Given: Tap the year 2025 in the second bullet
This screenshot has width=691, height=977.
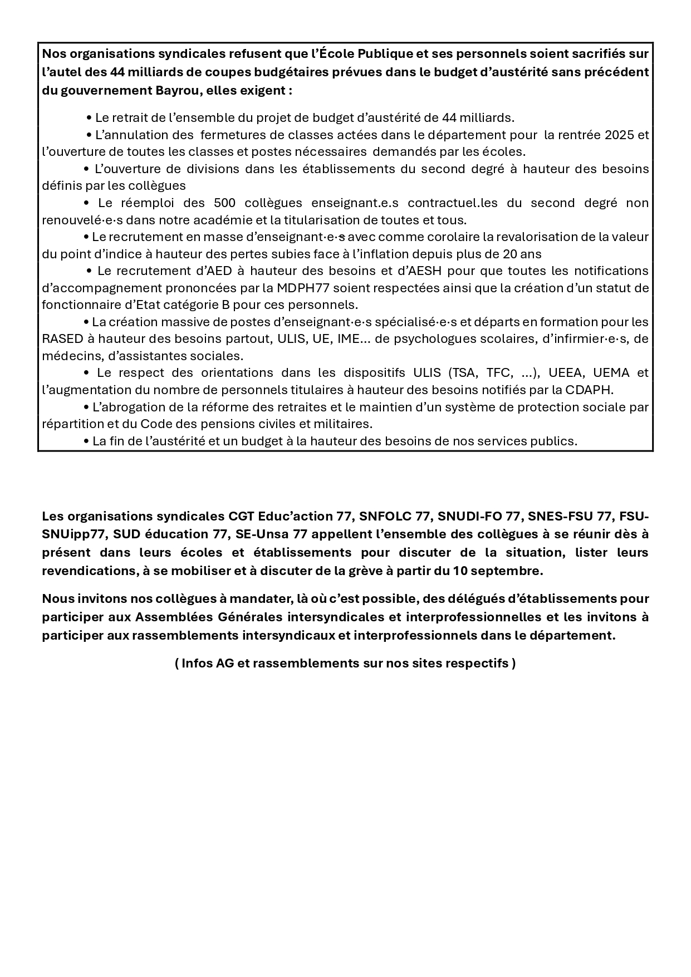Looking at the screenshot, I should pos(619,135).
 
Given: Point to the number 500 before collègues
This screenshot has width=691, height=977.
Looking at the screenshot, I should pos(226,203).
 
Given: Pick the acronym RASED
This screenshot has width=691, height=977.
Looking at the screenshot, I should pos(61,338).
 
